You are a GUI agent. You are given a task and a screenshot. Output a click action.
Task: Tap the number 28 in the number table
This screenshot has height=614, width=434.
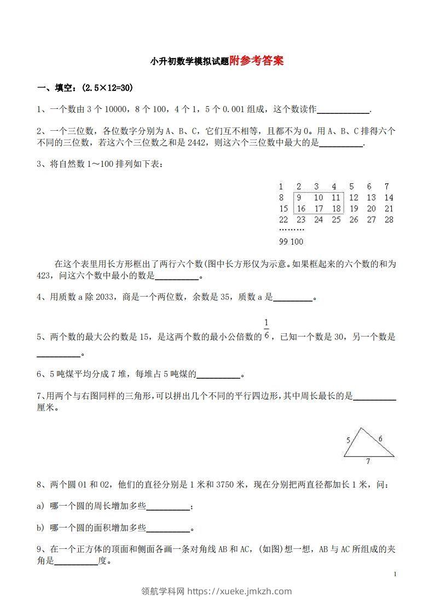pyautogui.click(x=389, y=219)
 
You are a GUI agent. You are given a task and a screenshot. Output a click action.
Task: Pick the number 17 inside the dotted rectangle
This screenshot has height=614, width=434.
pyautogui.click(x=319, y=208)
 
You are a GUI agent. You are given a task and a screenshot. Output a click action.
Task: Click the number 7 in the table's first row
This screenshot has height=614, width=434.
pyautogui.click(x=387, y=186)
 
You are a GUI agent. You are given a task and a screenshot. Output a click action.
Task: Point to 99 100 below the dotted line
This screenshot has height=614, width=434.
pyautogui.click(x=291, y=241)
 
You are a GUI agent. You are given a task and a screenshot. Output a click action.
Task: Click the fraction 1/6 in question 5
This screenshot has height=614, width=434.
pyautogui.click(x=267, y=329)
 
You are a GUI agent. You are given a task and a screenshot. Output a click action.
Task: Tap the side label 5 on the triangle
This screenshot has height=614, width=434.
pyautogui.click(x=349, y=439)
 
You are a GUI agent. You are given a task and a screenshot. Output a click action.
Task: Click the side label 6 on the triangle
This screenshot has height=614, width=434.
pyautogui.click(x=380, y=438)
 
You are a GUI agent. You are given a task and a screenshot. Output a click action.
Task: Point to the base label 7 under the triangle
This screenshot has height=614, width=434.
pyautogui.click(x=368, y=461)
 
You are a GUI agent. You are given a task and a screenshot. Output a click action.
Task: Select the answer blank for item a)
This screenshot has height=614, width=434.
pyautogui.click(x=168, y=506)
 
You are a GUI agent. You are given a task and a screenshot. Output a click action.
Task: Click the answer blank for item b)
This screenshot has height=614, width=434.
pyautogui.click(x=168, y=528)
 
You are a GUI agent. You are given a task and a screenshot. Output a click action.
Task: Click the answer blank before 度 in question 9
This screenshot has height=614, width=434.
pyautogui.click(x=76, y=561)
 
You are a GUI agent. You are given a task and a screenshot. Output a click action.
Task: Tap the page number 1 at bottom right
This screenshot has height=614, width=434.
pyautogui.click(x=395, y=574)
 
